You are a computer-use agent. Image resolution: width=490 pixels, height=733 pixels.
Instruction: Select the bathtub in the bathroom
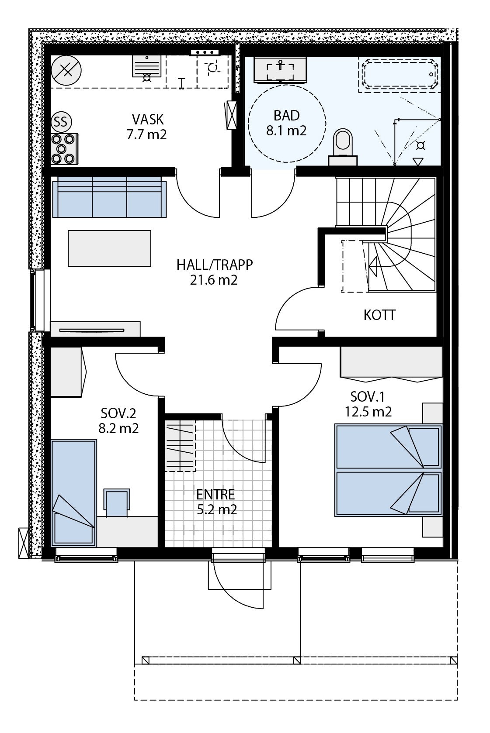coord(398,75)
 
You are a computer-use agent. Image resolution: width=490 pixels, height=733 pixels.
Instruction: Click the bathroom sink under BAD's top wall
coord(280,69)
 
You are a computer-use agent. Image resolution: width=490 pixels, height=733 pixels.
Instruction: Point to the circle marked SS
coord(61,122)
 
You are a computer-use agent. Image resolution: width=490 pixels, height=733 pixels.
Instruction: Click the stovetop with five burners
coord(64,148)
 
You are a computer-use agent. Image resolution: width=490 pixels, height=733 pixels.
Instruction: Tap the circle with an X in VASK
coord(66,71)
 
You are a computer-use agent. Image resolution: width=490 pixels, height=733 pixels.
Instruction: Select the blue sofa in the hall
coord(109,197)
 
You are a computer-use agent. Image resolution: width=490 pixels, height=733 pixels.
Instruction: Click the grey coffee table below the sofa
coord(109,248)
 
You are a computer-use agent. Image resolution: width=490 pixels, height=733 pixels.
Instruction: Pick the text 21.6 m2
coord(213,280)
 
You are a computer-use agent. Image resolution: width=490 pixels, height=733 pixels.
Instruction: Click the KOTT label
coord(379,315)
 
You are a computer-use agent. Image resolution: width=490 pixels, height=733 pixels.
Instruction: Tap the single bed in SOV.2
coord(73,492)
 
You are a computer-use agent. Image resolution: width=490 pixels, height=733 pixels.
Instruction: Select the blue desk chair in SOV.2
coord(117,503)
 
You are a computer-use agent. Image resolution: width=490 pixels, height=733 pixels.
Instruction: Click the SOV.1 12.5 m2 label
coord(368,404)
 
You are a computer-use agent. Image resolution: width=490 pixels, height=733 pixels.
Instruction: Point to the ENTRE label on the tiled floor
coord(215,494)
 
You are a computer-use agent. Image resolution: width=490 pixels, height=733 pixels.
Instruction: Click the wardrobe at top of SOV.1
coord(390,362)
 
